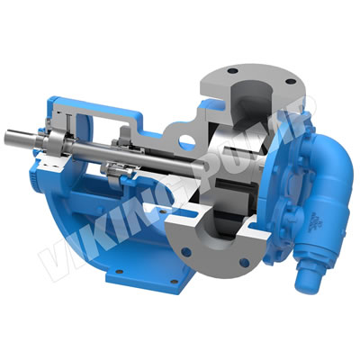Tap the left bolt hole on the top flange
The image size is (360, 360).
232,71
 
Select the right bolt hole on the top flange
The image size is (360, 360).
290,81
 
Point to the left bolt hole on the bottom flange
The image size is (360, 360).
186,252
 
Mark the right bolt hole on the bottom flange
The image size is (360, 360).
245,263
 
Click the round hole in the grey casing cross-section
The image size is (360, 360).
187,141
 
